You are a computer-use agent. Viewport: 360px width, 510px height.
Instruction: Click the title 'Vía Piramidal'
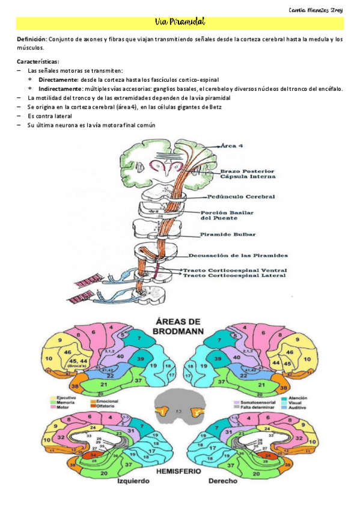click(x=180, y=23)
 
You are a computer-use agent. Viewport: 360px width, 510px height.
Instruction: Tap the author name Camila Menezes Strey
click(x=316, y=10)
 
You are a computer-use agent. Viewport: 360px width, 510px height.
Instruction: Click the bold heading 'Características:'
click(x=38, y=62)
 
